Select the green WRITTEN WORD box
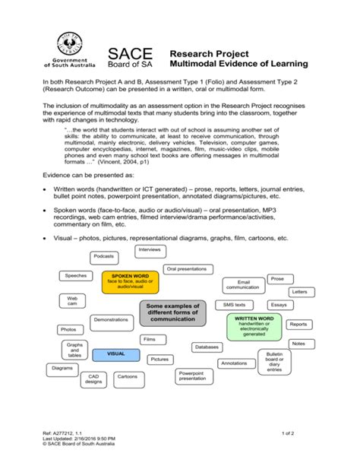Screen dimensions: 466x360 [254, 325]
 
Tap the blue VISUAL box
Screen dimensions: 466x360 [115, 353]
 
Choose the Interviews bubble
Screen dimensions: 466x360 [150, 249]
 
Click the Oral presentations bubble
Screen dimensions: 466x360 [186, 268]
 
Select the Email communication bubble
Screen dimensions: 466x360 [242, 285]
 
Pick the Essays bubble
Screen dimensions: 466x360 [279, 305]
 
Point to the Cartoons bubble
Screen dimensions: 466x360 [127, 376]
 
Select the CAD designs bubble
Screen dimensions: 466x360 [93, 379]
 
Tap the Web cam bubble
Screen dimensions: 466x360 [72, 302]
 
